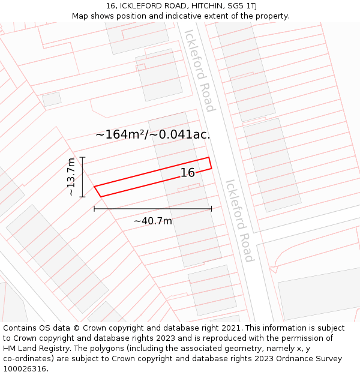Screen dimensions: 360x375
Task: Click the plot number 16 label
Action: point(188,173)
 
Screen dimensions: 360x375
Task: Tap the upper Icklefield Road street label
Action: point(199,70)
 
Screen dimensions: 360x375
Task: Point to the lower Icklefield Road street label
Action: point(239,221)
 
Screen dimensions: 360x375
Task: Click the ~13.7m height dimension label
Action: point(71,177)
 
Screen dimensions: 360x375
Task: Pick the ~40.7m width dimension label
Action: point(153,221)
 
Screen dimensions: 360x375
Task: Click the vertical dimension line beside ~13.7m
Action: point(82,177)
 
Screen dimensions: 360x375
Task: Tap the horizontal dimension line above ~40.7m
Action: point(153,209)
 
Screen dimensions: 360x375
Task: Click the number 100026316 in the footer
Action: point(26,369)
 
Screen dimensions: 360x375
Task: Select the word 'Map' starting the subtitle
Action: point(80,16)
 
